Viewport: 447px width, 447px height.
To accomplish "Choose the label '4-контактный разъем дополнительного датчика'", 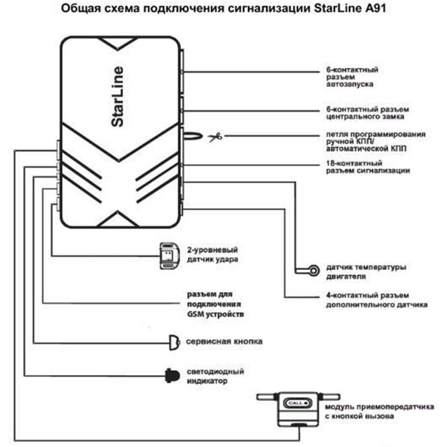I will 376,300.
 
